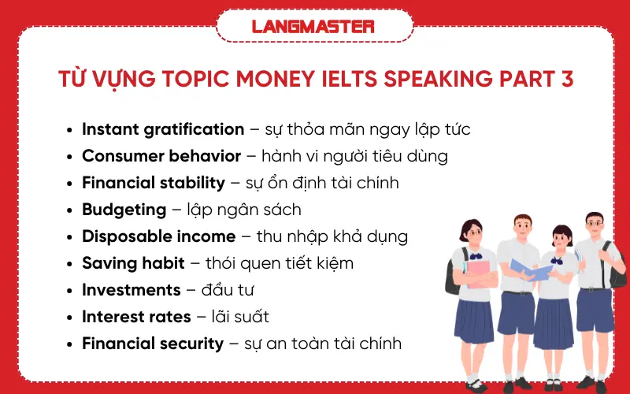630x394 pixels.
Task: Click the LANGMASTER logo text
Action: pos(313,26)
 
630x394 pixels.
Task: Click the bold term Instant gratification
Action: pos(163,129)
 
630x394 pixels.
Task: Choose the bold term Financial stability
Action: pos(154,183)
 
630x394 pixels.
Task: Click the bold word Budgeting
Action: pos(124,210)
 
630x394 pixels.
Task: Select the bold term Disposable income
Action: pos(159,236)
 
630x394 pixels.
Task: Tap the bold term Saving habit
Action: pos(133,263)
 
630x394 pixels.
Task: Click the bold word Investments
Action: pos(132,290)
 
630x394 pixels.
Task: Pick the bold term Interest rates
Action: pos(136,317)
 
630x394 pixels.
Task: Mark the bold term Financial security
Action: pos(153,344)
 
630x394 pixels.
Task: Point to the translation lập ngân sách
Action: pos(244,210)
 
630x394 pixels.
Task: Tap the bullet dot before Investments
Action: pos(72,291)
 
